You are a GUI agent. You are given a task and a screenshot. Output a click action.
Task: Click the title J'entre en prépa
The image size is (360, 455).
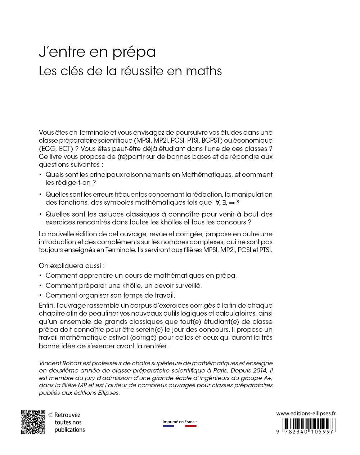pos(97,52)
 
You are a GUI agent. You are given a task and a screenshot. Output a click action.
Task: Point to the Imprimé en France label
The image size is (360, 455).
pos(180,422)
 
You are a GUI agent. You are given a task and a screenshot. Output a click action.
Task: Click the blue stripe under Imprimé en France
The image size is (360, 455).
pos(168,427)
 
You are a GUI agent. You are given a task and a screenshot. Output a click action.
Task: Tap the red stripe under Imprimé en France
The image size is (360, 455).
pos(191,427)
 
